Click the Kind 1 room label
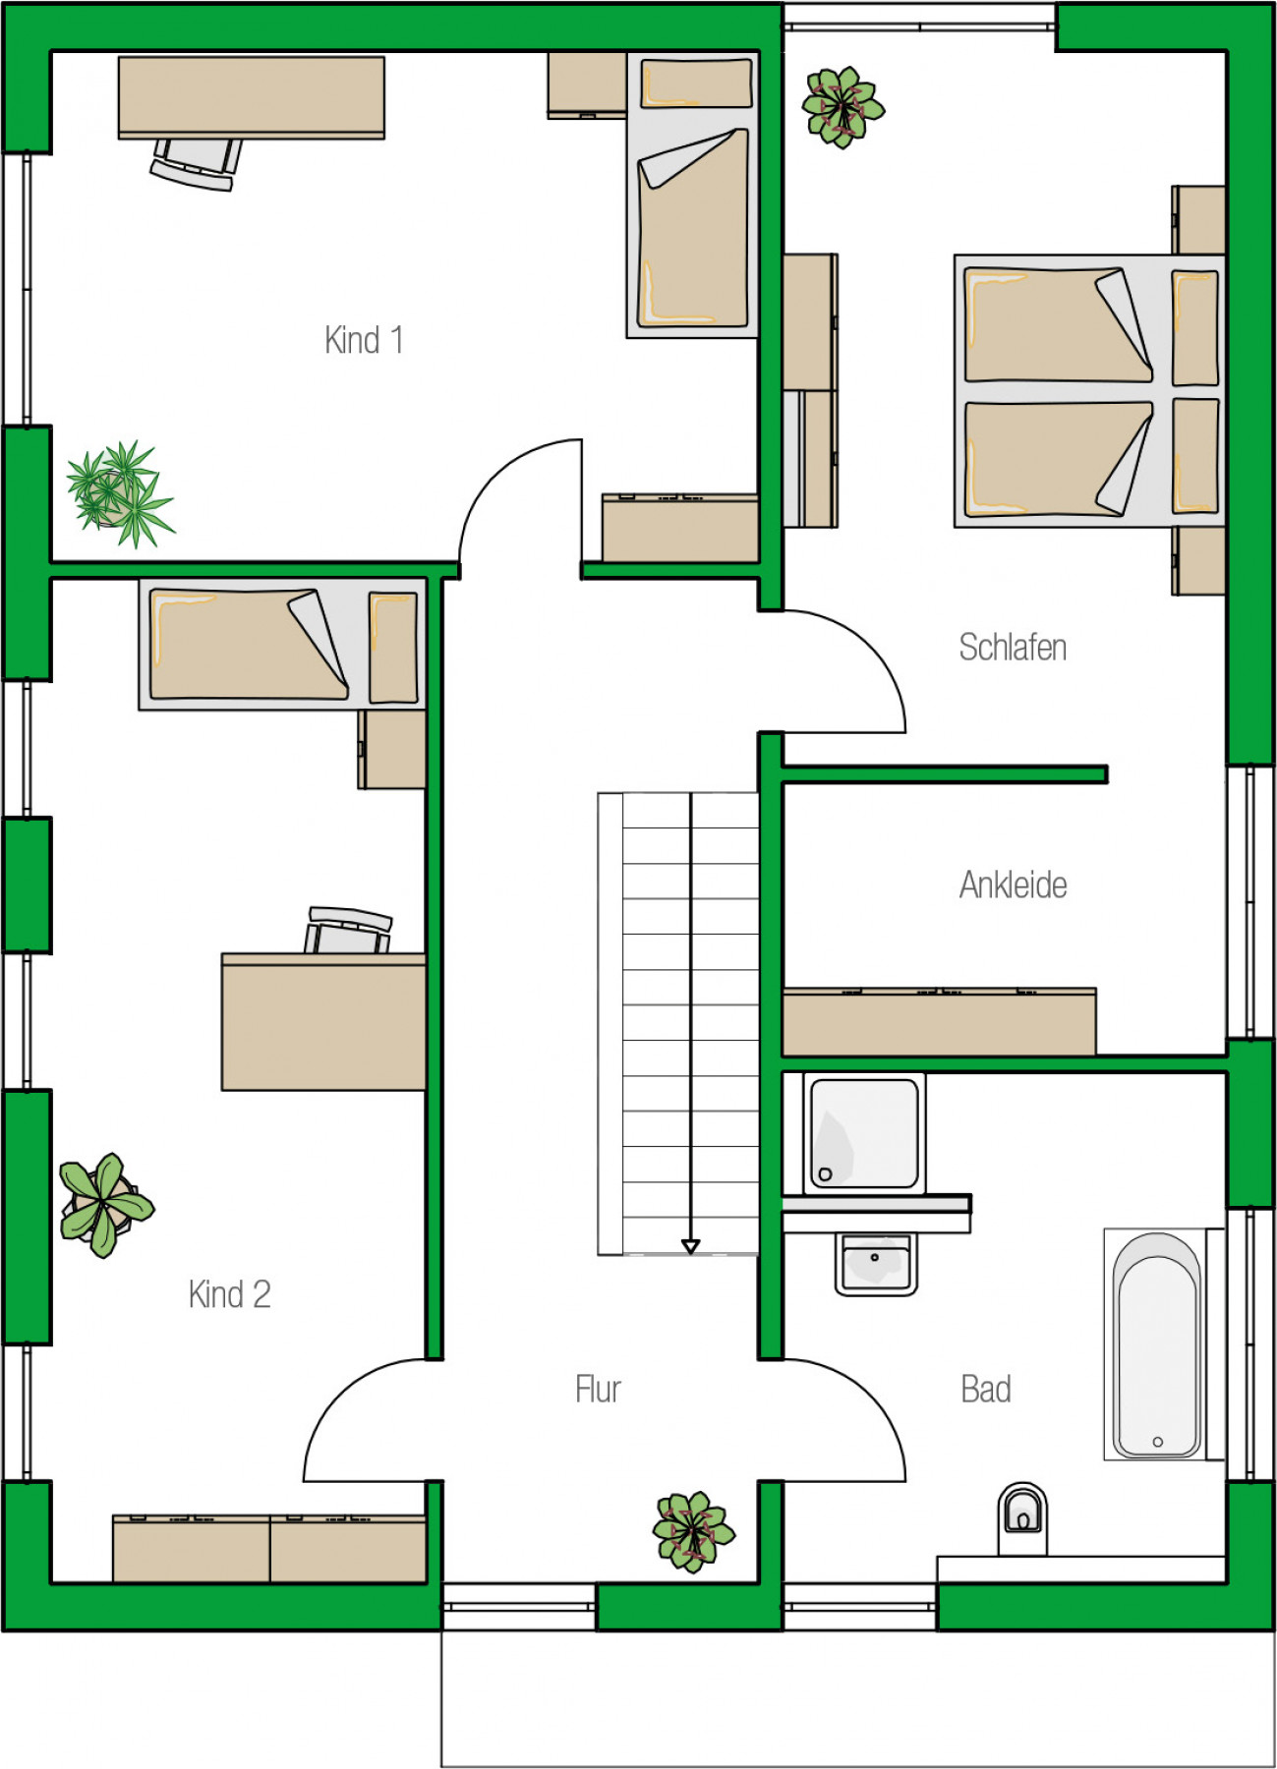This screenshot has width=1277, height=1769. (x=364, y=340)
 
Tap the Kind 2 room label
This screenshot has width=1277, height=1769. (x=229, y=1294)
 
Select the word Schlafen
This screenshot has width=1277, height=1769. (x=1013, y=647)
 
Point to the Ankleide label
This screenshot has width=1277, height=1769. (x=1013, y=884)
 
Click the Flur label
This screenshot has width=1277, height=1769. (x=598, y=1389)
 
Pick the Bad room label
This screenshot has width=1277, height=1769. (x=986, y=1389)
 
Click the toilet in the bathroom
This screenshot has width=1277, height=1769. (x=1022, y=1519)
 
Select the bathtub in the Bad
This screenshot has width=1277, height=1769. (x=1157, y=1343)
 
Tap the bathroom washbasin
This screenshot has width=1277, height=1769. (x=875, y=1263)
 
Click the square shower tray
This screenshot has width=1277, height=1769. (x=864, y=1133)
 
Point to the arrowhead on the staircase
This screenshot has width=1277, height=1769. (x=690, y=1246)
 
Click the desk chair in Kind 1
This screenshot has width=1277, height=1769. (x=197, y=163)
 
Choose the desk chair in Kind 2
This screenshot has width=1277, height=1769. (x=349, y=930)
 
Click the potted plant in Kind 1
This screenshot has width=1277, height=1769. (x=120, y=493)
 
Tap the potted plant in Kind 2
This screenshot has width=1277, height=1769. (x=105, y=1205)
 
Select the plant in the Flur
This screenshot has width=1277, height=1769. (x=693, y=1531)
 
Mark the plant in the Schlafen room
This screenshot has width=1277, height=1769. (x=842, y=107)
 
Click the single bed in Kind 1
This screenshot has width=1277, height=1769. (x=693, y=195)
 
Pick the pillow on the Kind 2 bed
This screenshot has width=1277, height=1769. (x=393, y=648)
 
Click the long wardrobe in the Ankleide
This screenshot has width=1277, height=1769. (x=939, y=1022)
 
